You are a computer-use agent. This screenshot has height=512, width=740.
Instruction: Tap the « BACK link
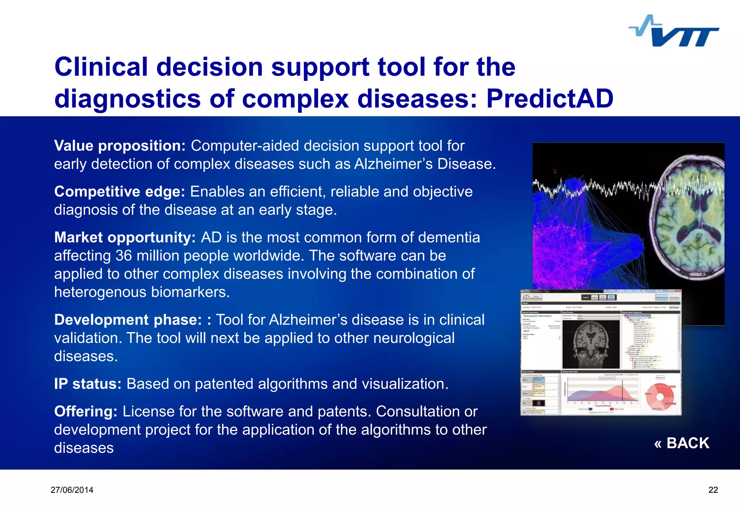(681, 443)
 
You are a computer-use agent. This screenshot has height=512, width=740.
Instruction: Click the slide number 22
(713, 490)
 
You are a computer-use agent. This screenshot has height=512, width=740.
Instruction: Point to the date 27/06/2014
(72, 490)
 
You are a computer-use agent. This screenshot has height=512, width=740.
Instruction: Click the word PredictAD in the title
(550, 99)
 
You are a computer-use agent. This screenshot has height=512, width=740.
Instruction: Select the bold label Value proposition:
(120, 146)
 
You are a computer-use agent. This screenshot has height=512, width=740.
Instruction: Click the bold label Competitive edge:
(119, 192)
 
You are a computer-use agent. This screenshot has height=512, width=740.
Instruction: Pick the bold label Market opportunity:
(125, 238)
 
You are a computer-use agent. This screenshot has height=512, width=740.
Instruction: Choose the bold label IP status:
(87, 384)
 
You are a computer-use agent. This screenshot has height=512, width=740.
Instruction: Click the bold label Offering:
(86, 412)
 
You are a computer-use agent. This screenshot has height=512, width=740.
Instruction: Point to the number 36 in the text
(124, 256)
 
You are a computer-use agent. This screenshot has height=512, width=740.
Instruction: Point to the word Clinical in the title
(101, 67)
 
